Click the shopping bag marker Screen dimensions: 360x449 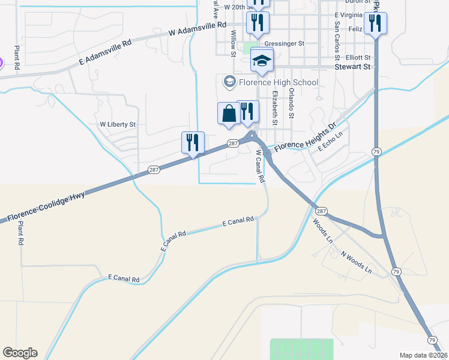coord(229,113)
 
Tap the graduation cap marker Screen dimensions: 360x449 coord(262,61)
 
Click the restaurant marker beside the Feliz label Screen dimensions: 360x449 coord(376,24)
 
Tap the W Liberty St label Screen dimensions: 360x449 coord(118,124)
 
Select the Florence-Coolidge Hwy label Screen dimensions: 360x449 coord(46,206)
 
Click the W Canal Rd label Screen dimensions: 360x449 coord(260,166)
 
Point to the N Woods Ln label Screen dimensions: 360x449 coord(357,262)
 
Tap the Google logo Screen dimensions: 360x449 coord(20,353)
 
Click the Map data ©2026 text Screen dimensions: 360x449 coord(424,355)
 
